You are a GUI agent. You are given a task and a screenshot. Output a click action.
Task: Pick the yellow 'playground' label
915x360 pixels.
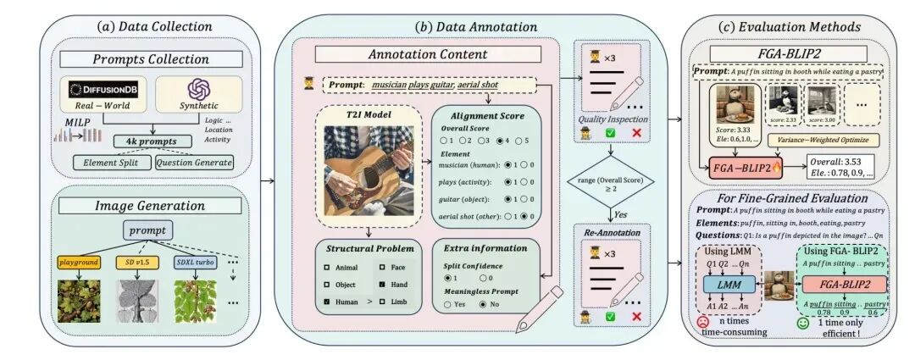coord(78,263)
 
